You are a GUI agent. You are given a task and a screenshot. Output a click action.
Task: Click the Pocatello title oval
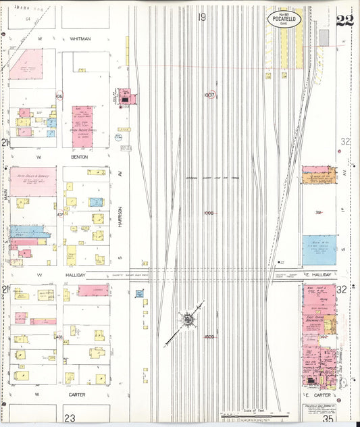tap(284, 19)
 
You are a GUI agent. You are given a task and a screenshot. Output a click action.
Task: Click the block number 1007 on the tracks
tap(209, 95)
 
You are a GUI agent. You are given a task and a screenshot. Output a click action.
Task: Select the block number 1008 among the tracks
tap(209, 213)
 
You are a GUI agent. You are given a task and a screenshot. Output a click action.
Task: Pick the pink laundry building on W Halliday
tap(93, 290)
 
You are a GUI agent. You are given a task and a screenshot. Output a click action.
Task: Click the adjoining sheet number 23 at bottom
tap(69, 418)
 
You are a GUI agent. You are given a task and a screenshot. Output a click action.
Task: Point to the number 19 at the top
tap(202, 17)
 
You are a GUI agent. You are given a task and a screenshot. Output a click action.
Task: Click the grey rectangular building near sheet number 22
tap(324, 37)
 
